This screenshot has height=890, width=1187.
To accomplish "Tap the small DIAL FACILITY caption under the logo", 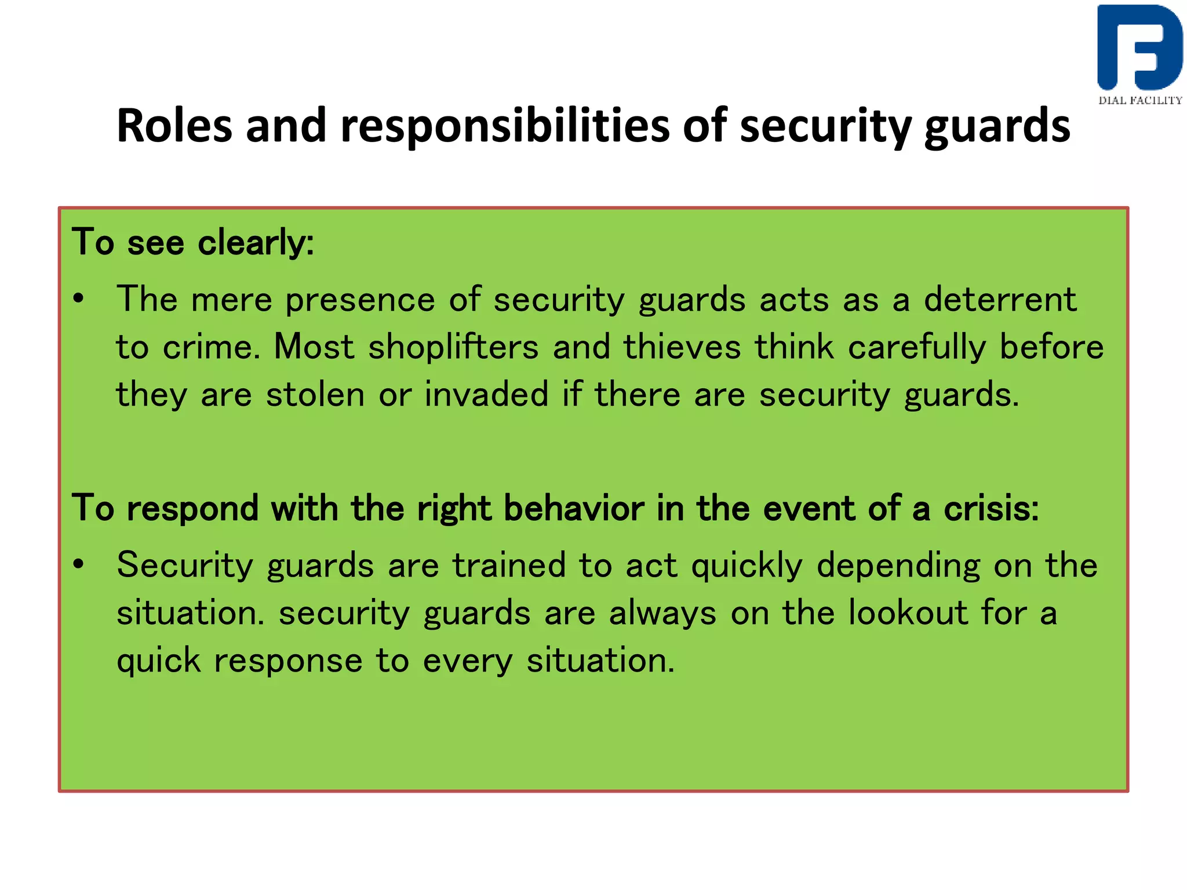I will [1140, 100].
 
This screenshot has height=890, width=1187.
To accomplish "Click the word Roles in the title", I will [174, 126].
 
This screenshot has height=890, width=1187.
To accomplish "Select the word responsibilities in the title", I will [504, 126].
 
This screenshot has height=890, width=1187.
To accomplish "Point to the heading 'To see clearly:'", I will [192, 242].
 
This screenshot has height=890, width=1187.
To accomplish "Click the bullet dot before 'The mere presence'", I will [79, 300].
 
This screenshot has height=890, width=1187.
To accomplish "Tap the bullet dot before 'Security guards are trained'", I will [79, 564].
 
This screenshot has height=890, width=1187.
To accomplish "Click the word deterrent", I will [1000, 300].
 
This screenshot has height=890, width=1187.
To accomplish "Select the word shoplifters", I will [453, 347].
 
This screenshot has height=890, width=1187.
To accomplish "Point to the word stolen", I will [315, 395].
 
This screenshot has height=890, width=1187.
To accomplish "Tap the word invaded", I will [486, 395].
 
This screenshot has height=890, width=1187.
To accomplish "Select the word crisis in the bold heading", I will [991, 508].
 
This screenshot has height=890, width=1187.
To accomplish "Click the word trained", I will [509, 565].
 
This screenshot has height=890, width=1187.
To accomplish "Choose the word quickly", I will [747, 565].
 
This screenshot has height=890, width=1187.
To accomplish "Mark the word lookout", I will [908, 612].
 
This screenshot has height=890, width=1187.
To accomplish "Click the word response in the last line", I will [288, 661].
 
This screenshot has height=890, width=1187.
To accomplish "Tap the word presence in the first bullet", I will [360, 300].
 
